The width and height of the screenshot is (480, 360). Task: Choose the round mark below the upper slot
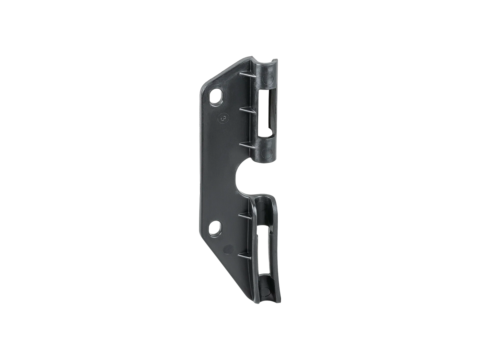[x=267, y=152]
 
